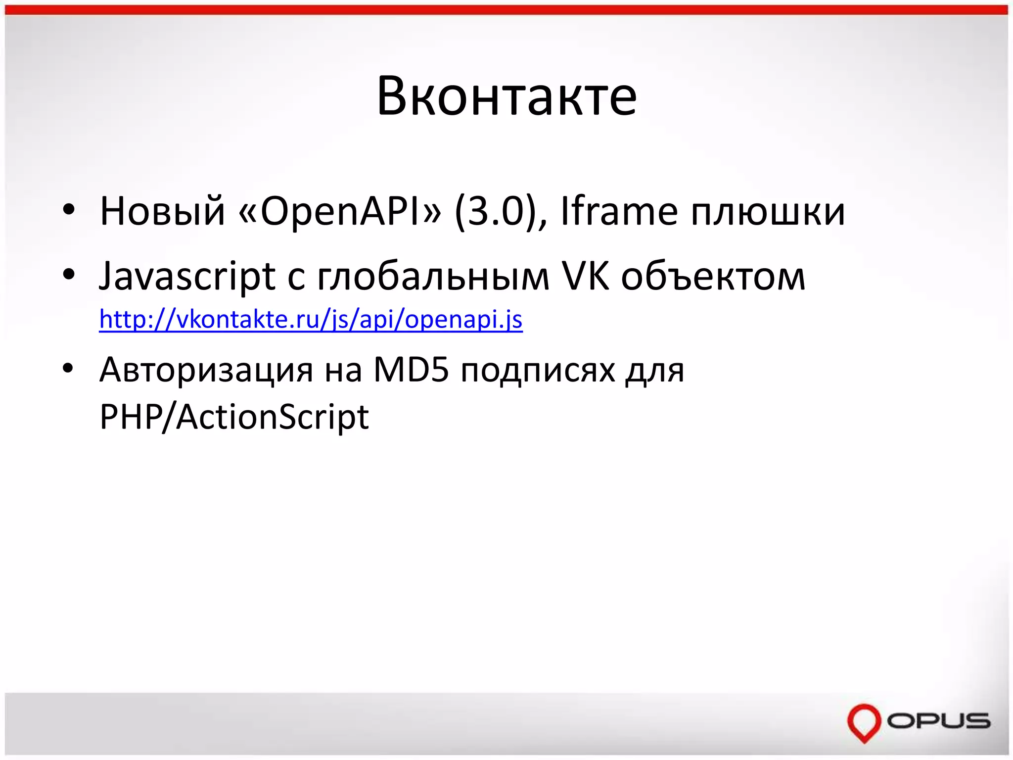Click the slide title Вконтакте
pos(506,96)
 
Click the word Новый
pos(163,211)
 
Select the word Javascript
pos(187,276)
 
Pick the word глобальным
pos(433,276)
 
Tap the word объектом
pos(713,276)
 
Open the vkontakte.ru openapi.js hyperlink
pos(311,319)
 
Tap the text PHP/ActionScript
pos(234,417)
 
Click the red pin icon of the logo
pos(864,721)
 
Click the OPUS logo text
pos(938,720)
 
